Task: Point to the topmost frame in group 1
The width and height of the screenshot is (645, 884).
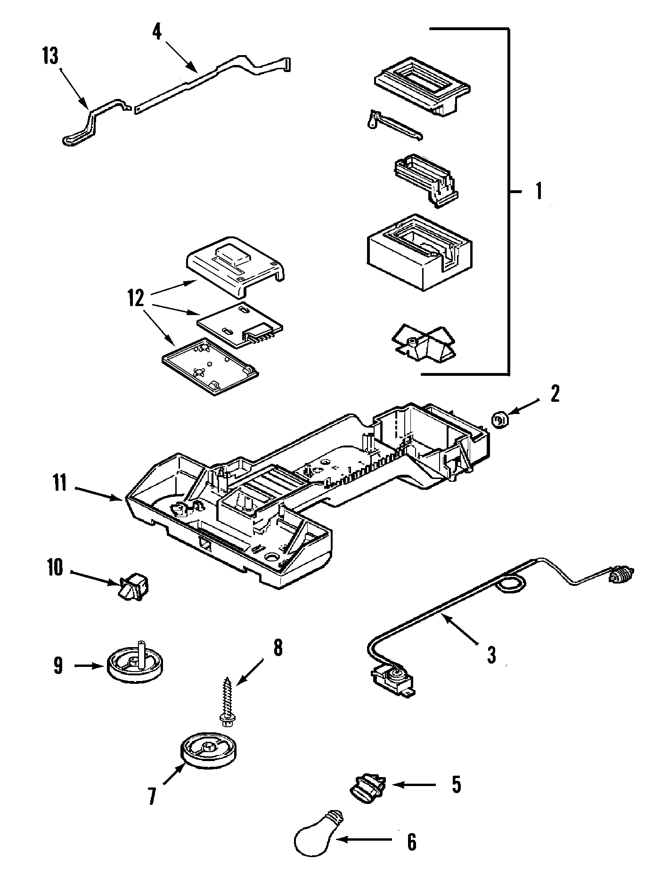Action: pyautogui.click(x=422, y=84)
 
